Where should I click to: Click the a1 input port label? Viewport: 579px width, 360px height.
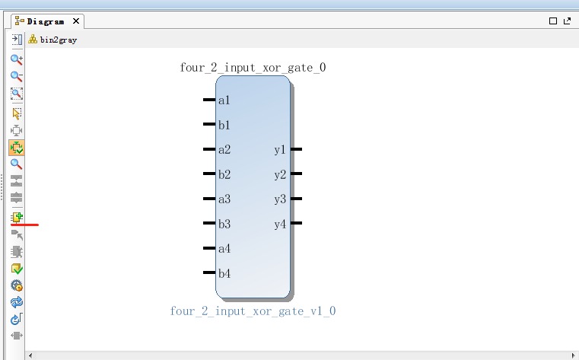click(224, 100)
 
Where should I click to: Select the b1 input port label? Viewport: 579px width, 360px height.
click(224, 125)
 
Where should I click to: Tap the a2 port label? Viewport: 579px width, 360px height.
click(224, 150)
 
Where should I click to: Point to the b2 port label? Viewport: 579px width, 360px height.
click(224, 174)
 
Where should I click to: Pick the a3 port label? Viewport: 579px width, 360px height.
click(224, 199)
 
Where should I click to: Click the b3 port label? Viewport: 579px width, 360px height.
click(224, 224)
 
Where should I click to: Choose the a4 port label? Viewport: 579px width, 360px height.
click(224, 249)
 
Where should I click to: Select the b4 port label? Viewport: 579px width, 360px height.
click(224, 273)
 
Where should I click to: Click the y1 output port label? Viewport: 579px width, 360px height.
click(280, 150)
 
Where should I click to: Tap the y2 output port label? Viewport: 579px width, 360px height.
click(280, 174)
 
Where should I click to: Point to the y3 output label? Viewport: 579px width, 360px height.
click(280, 199)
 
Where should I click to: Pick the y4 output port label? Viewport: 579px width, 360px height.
click(280, 224)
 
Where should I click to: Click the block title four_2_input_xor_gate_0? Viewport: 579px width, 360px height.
click(253, 68)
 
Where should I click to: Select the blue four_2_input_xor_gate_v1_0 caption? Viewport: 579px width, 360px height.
click(253, 311)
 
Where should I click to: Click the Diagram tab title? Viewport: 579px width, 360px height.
click(46, 21)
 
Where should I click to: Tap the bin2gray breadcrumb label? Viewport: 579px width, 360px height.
click(59, 40)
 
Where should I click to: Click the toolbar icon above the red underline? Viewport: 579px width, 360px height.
click(17, 218)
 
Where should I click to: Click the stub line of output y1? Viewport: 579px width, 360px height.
click(296, 150)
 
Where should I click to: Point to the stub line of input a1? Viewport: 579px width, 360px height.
click(209, 100)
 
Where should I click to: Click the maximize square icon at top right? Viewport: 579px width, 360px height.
click(554, 21)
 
